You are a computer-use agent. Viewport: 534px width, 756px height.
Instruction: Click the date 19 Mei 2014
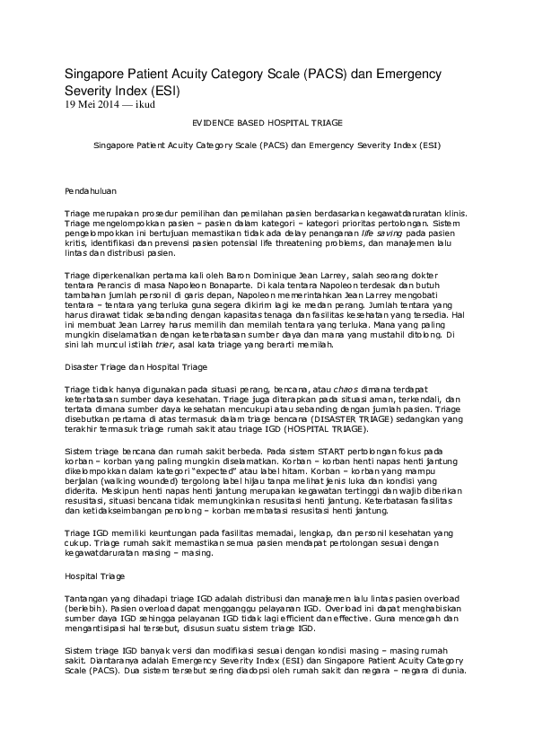click(x=92, y=104)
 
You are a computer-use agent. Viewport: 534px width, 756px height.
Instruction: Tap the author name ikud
click(x=144, y=104)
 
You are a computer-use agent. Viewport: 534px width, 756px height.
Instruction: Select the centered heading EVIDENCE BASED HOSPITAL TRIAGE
click(x=267, y=121)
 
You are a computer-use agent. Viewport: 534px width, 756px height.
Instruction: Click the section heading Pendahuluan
click(x=91, y=190)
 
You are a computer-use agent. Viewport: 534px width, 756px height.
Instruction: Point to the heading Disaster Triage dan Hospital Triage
click(x=136, y=367)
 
